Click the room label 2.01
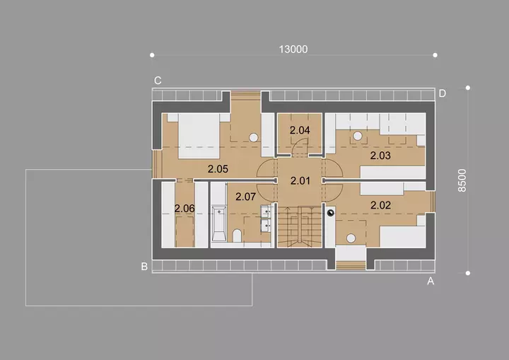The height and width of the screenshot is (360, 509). [x=300, y=180]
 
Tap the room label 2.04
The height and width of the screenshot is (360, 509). [x=300, y=130]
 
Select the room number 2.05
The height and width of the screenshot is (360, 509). [x=218, y=169]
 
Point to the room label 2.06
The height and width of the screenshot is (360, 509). [x=185, y=209]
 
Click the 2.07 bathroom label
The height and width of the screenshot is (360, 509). [x=246, y=197]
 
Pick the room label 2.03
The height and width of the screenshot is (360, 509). [x=380, y=156]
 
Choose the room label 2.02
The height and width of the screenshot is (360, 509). [x=380, y=205]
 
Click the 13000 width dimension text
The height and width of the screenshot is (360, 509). [x=293, y=50]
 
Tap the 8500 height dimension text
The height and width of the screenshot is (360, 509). [x=462, y=180]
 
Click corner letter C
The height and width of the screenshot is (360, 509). [x=158, y=81]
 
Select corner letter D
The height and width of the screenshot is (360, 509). [x=442, y=93]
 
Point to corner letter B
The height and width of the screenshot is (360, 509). [x=144, y=267]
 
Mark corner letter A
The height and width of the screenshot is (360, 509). [x=431, y=281]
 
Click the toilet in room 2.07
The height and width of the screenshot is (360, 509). [x=238, y=236]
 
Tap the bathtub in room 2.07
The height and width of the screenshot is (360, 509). [x=218, y=224]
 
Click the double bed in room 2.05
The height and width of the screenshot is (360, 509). [x=198, y=136]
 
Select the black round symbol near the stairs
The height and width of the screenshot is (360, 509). [x=330, y=213]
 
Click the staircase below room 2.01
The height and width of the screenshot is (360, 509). [x=300, y=227]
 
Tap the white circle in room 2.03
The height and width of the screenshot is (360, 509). [x=358, y=136]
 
